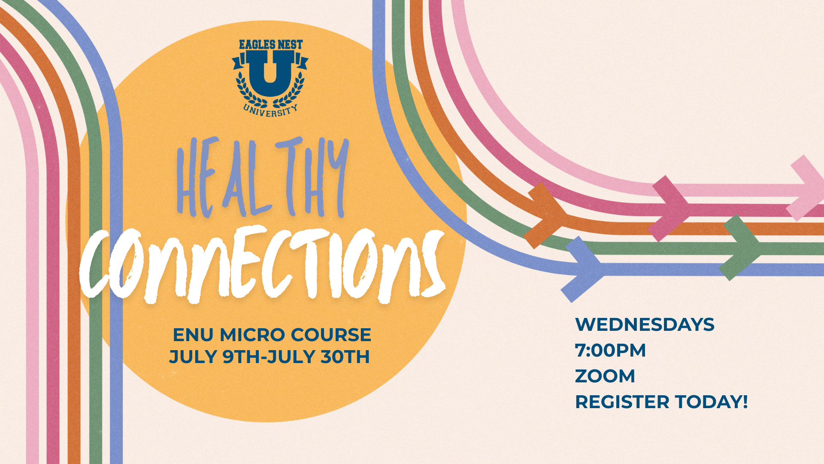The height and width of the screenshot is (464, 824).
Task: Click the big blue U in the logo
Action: point(270,73)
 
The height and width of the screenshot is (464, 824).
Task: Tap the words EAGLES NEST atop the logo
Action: point(271,45)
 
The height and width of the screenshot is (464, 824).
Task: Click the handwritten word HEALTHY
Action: point(262,177)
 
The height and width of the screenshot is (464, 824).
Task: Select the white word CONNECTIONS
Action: point(262,264)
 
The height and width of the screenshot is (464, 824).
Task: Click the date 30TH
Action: point(345,357)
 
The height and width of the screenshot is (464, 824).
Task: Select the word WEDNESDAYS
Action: point(645,324)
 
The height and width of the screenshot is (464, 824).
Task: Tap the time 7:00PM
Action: point(610,350)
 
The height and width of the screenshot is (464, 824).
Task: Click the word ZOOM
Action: point(605,376)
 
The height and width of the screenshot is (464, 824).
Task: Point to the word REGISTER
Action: point(622,402)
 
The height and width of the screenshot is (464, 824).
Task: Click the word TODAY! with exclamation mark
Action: point(712,402)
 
